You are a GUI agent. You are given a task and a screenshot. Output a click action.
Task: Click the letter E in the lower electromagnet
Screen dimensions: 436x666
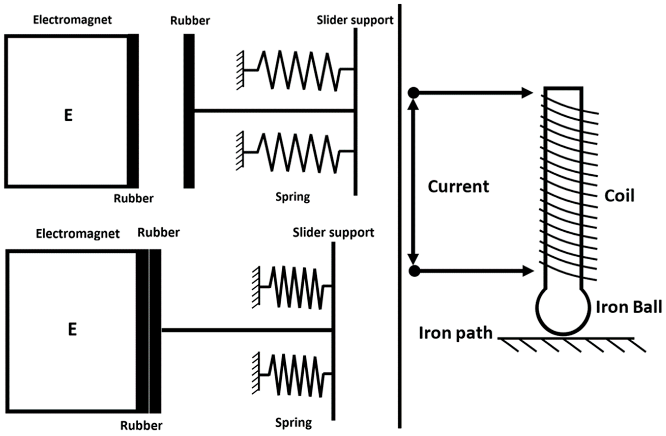(72, 329)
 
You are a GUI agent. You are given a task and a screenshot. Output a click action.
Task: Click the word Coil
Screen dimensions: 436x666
(619, 196)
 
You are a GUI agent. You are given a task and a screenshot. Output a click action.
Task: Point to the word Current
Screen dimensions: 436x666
(458, 187)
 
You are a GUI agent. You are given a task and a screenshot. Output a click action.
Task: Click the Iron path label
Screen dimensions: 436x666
(455, 333)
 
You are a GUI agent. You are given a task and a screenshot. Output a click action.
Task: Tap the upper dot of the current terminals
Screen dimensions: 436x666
(413, 93)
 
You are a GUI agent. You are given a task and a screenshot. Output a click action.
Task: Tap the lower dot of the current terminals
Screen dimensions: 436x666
(414, 271)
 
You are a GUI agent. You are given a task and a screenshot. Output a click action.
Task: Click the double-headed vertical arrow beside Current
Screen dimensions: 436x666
(413, 182)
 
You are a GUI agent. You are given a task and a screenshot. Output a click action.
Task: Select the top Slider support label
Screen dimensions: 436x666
(355, 20)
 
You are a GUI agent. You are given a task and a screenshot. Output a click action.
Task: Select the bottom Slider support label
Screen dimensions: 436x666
(333, 232)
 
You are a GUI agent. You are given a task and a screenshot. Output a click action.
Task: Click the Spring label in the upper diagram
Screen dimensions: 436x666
(292, 196)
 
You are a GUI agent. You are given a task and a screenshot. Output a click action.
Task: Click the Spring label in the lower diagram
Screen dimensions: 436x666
(293, 423)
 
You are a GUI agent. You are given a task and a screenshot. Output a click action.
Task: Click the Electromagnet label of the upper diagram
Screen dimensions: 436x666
(72, 20)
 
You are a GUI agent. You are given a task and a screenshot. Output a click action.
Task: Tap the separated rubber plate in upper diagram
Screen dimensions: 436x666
(189, 111)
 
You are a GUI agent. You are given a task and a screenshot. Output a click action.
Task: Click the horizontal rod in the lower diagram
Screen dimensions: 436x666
(246, 330)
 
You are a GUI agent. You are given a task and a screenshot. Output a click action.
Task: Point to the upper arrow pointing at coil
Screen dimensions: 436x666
(473, 93)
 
